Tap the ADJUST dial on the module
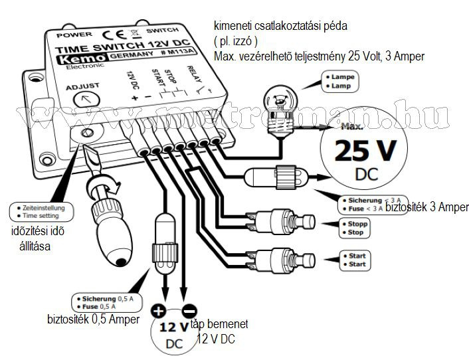(x=83, y=100)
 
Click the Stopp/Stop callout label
(x=354, y=228)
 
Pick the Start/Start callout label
(x=353, y=260)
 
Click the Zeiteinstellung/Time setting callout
(x=40, y=212)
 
